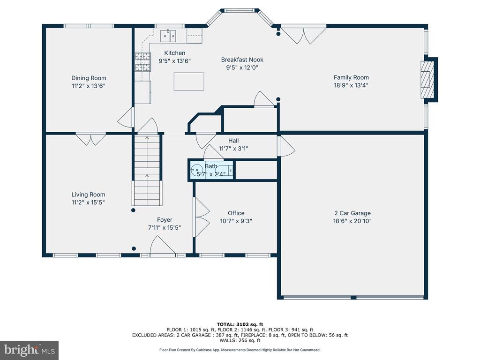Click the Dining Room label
[89, 78]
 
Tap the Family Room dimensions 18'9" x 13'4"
[351, 85]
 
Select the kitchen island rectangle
[189, 82]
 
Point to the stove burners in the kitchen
[143, 62]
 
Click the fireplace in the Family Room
[427, 80]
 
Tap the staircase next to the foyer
[147, 170]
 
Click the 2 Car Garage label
[352, 213]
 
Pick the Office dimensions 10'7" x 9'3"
[236, 221]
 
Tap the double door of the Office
[201, 217]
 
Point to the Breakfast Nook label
[242, 60]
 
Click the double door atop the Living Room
[91, 139]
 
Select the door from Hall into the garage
[286, 146]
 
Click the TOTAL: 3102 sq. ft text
[240, 324]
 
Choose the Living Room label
[88, 195]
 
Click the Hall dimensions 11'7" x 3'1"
[233, 149]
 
